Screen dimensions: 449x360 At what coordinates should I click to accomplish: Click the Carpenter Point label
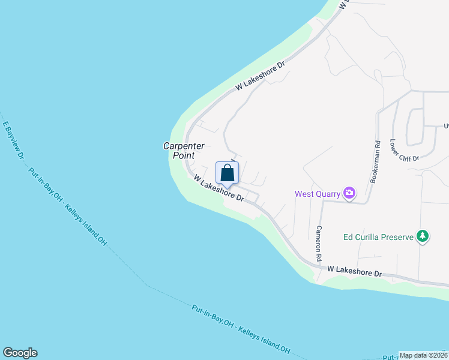[184, 150]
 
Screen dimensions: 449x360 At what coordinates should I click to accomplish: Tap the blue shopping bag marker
[227, 173]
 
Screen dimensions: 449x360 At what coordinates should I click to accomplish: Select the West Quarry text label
[317, 194]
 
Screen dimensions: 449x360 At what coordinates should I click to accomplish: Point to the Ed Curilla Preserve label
[378, 237]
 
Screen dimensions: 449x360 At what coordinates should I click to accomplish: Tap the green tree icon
[423, 236]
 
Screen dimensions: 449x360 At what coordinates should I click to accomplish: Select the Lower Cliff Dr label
[403, 150]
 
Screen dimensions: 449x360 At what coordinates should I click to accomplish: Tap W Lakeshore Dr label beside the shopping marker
[218, 188]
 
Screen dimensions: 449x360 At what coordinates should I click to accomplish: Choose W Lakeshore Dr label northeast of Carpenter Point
[260, 76]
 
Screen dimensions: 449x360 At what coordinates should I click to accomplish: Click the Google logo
[20, 353]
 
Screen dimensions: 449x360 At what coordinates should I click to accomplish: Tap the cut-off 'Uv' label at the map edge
[445, 125]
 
